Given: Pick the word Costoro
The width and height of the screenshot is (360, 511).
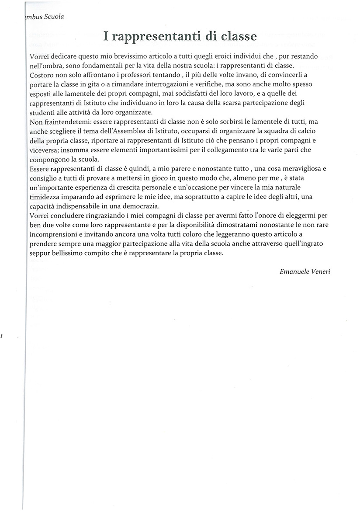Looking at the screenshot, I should (42, 75).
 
